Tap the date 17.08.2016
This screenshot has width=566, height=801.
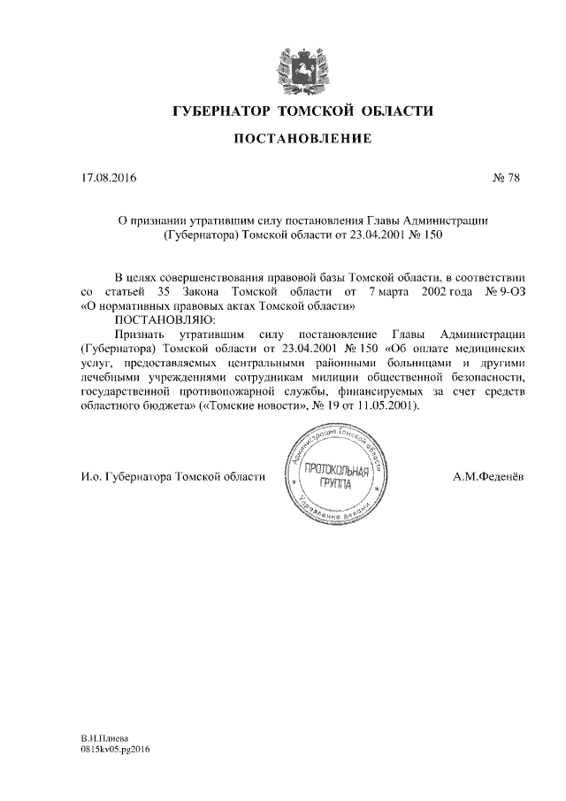(x=110, y=179)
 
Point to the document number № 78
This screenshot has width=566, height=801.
(x=504, y=179)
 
